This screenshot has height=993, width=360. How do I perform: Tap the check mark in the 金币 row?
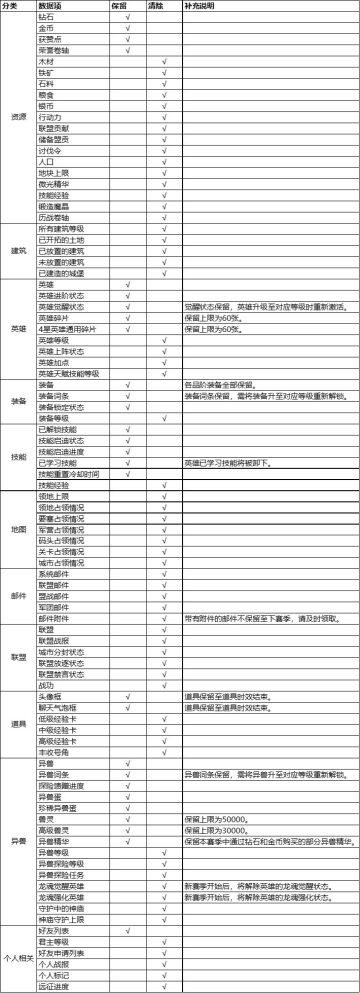click(x=127, y=29)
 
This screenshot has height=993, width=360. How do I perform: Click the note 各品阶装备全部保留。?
click(x=220, y=385)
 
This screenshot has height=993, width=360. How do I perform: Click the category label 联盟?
click(x=17, y=656)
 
